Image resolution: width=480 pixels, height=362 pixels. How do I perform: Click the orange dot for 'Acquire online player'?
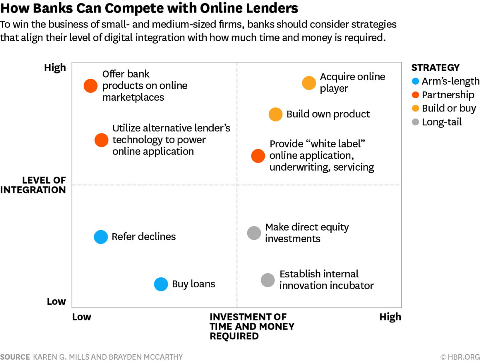click(309, 83)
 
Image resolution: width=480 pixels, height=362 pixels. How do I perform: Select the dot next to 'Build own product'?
click(275, 114)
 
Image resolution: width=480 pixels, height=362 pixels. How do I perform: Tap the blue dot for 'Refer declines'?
click(101, 237)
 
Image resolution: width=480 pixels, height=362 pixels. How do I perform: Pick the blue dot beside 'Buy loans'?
click(161, 284)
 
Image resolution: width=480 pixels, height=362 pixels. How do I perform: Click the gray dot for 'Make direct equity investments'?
click(254, 233)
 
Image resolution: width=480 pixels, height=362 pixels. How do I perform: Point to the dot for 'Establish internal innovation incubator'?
click(268, 280)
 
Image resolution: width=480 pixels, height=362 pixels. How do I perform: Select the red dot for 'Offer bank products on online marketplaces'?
click(90, 86)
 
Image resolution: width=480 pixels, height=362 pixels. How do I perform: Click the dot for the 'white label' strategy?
click(258, 156)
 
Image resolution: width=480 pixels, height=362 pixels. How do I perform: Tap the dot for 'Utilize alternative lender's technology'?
click(102, 140)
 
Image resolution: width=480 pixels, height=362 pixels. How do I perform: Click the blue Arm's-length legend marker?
click(415, 81)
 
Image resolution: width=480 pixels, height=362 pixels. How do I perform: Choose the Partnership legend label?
click(448, 95)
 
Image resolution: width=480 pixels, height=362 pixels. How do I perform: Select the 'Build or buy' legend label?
click(449, 109)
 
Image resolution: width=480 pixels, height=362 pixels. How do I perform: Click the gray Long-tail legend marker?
click(415, 122)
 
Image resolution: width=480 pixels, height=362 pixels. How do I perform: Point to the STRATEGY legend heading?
click(435, 68)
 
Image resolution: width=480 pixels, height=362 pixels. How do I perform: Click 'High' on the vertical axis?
click(55, 68)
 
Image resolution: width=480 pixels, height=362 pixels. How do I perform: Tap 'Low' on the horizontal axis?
click(82, 317)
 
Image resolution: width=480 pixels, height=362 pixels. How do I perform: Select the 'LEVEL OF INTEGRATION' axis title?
click(33, 185)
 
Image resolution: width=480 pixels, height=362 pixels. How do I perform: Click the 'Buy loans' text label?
click(194, 284)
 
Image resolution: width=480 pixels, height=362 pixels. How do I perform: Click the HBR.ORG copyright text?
click(460, 357)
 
